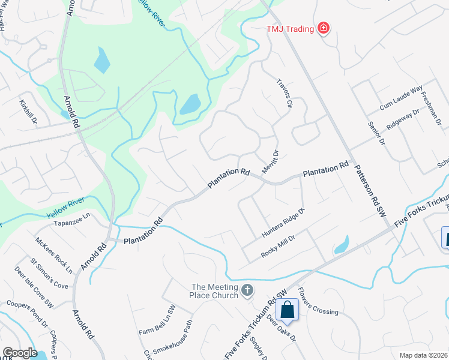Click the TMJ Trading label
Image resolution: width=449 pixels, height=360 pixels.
[291, 28]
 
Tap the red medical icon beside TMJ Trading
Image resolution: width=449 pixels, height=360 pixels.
[324, 28]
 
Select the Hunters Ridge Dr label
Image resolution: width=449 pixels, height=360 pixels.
[283, 221]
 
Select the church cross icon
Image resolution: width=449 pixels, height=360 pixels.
[247, 291]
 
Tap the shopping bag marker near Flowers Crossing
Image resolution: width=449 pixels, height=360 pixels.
[288, 310]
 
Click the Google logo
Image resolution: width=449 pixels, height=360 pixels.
[20, 353]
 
